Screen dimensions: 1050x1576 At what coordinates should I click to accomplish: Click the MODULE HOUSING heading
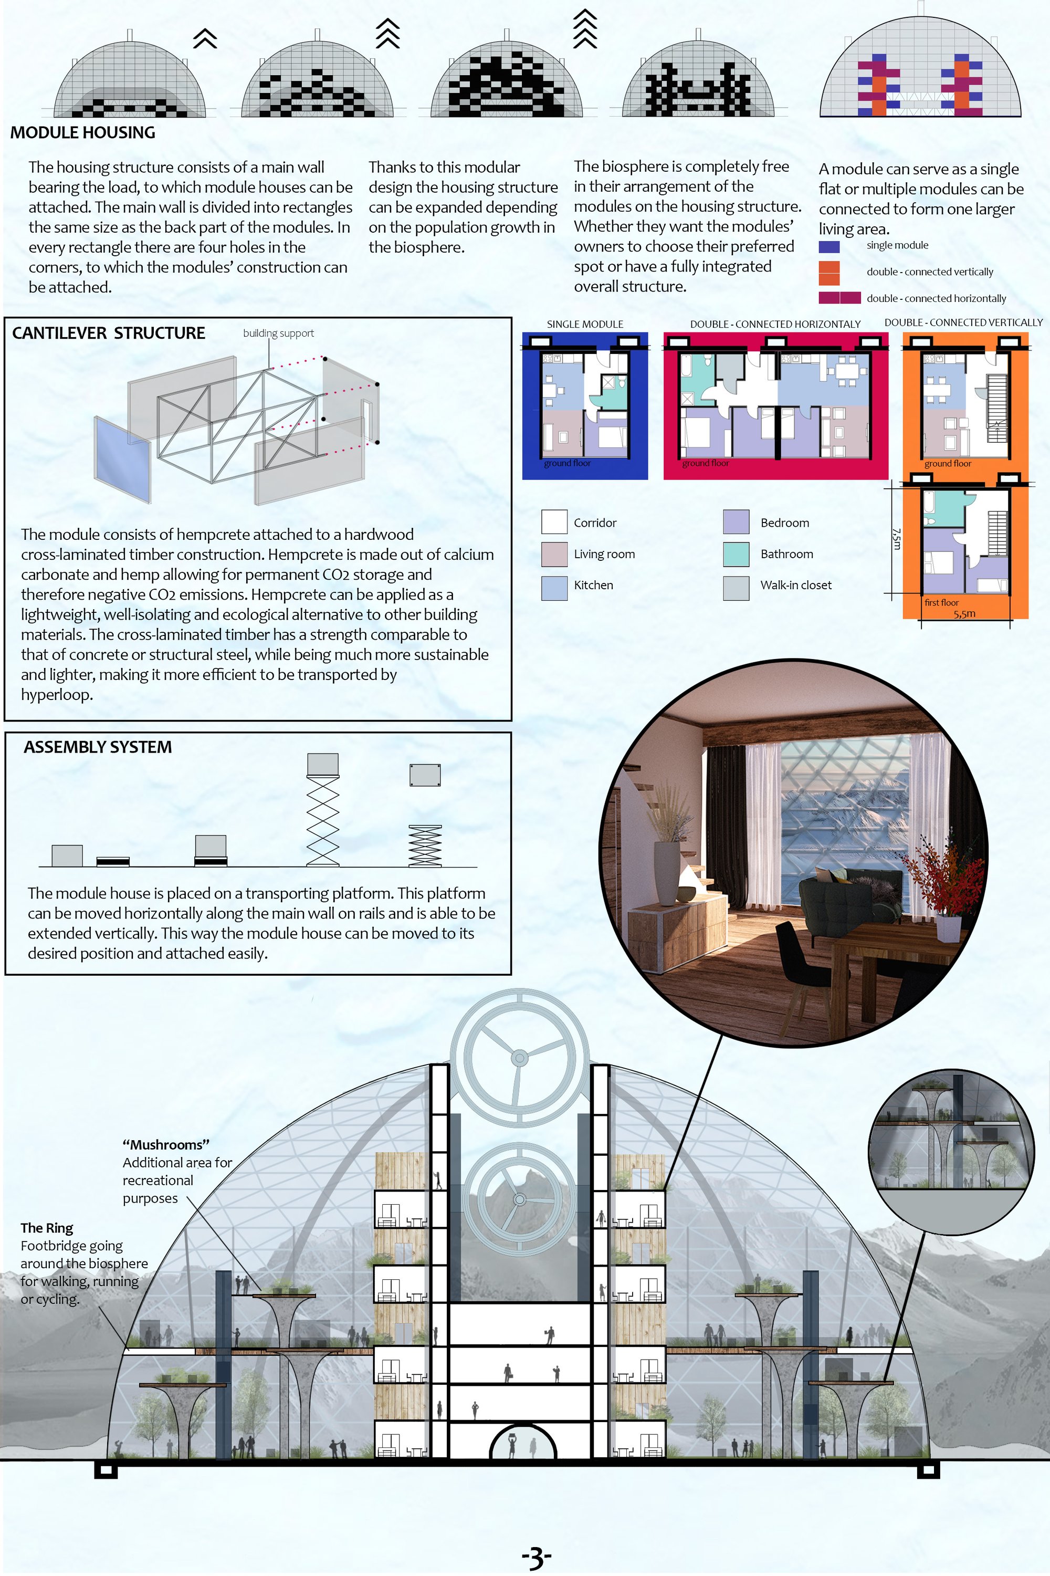click(82, 133)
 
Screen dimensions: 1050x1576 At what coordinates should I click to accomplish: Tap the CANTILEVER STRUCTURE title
click(109, 333)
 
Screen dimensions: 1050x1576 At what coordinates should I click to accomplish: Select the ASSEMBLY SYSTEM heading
click(98, 747)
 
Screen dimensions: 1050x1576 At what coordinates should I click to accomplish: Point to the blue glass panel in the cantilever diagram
click(122, 460)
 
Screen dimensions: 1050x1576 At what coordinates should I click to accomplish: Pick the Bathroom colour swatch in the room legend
click(736, 554)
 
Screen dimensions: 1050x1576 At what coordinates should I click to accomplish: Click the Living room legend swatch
click(554, 554)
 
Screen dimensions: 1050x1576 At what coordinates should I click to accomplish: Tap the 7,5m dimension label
click(897, 539)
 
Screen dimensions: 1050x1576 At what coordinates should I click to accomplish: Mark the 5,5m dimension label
click(964, 613)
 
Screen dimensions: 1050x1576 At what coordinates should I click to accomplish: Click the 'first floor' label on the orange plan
click(941, 602)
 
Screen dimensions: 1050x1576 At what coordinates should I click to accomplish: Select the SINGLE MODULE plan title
click(585, 324)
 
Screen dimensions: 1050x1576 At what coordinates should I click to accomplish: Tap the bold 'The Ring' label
click(47, 1228)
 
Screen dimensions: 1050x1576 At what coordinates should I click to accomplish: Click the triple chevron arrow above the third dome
click(585, 29)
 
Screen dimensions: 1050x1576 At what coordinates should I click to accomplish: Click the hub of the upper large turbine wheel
click(519, 1058)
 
